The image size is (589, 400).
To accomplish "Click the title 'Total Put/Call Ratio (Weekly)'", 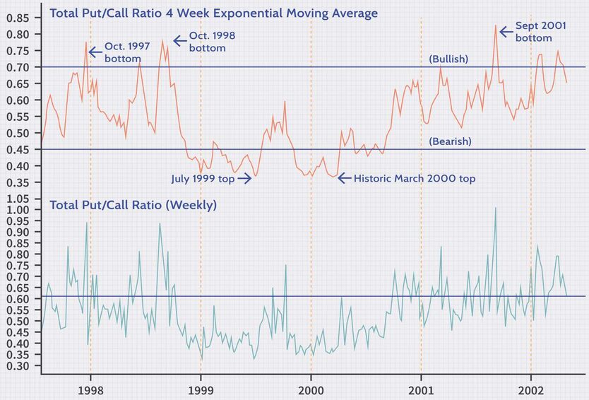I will pos(133,206).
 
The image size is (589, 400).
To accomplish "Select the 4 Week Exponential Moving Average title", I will pos(214,13).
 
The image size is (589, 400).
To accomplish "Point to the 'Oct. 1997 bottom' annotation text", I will pos(123,52).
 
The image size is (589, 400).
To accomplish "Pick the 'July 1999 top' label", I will pos(203,179).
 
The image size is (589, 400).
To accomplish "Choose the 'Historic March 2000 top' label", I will pos(414,179).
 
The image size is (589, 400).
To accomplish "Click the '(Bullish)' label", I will pos(448,59).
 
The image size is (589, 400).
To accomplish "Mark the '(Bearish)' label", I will pos(450,141).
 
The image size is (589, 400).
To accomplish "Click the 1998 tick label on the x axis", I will pos(90,390).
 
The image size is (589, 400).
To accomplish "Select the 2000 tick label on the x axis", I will pos(311,390).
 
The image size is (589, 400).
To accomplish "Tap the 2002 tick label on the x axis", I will pos(531,390).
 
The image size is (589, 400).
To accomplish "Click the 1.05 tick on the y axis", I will pos(18,199).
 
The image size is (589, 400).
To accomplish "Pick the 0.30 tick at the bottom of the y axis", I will pos(18,366).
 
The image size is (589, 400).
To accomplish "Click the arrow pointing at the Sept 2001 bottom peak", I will pos(506,31).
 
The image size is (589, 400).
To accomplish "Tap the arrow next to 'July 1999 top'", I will pos(244,179).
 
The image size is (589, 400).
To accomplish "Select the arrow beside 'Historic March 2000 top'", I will pos(344,179).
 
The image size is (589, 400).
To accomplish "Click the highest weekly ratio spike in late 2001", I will pos(495,208).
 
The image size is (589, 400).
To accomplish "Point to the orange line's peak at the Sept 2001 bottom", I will pos(496,26).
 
